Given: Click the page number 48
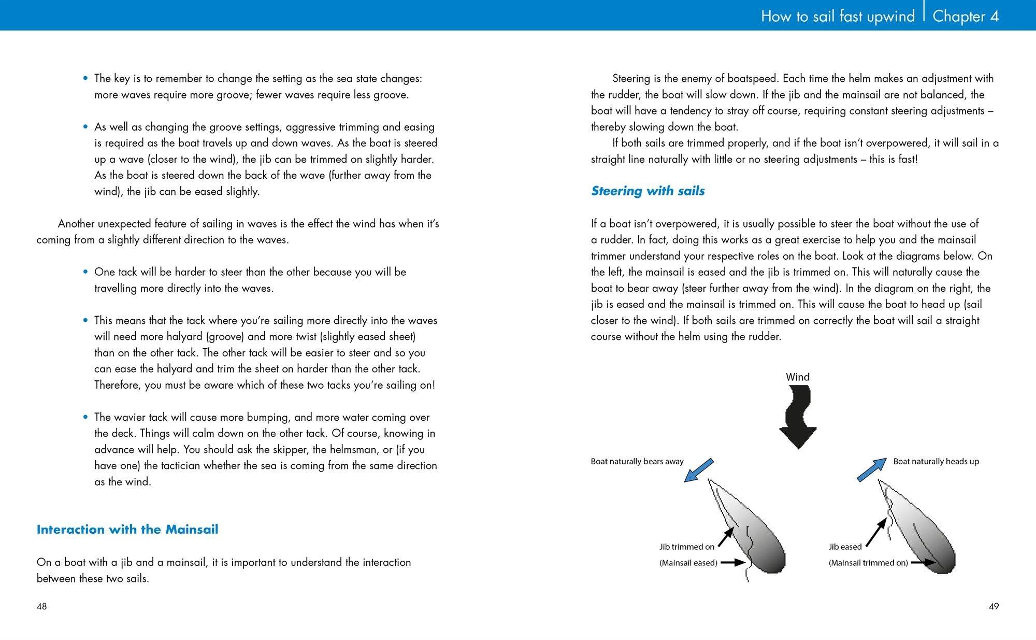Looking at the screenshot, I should [x=41, y=606].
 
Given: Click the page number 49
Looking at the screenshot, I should [x=994, y=606].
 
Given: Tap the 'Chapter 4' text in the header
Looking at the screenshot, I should [x=966, y=16].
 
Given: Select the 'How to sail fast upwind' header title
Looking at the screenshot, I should [x=838, y=16].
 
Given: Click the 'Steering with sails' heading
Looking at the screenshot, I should [x=647, y=191].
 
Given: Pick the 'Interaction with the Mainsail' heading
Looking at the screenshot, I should [x=127, y=529].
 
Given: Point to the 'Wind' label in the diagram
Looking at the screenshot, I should [x=798, y=377].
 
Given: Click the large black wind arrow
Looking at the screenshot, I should [x=798, y=417].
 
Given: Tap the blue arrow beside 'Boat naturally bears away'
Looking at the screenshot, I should [x=699, y=470].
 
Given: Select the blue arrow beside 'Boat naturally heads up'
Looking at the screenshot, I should [x=872, y=470].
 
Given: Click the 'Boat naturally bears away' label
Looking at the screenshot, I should [x=637, y=461].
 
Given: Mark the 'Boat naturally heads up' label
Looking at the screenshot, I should [x=936, y=461].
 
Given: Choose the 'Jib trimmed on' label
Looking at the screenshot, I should [x=687, y=547].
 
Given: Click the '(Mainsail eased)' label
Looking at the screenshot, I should [x=688, y=563].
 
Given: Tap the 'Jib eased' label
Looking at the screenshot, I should [x=845, y=547].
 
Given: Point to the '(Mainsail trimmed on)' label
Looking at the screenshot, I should [x=868, y=563].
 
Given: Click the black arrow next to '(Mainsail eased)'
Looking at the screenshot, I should [x=733, y=562].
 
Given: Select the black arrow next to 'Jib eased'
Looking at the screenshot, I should [x=876, y=533].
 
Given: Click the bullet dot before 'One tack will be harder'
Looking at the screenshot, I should [x=86, y=272].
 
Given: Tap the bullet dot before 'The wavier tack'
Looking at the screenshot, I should [x=86, y=417].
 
